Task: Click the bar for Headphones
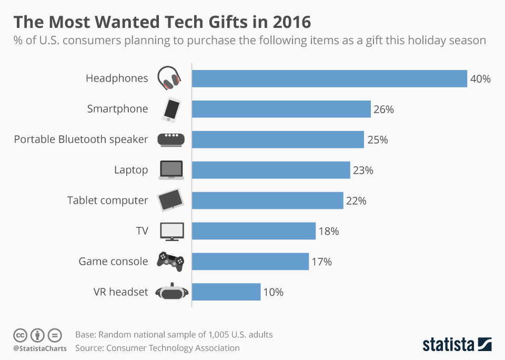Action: (329, 78)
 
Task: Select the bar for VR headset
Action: (226, 292)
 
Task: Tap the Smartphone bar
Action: (281, 109)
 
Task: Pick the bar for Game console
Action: (250, 262)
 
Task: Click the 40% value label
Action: (480, 79)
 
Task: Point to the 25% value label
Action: (377, 140)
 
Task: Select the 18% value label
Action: (329, 231)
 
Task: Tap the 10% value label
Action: (273, 292)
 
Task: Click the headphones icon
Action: (170, 78)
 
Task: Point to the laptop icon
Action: (171, 170)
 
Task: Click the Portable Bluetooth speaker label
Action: (81, 139)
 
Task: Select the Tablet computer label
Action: (108, 201)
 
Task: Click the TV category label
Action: (142, 231)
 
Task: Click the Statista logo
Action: (457, 345)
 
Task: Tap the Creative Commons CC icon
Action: (21, 335)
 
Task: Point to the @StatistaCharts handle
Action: (40, 348)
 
